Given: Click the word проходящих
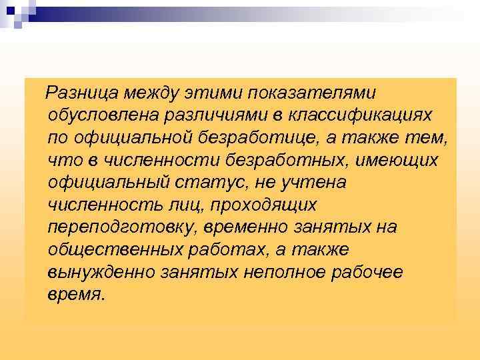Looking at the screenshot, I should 266,205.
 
